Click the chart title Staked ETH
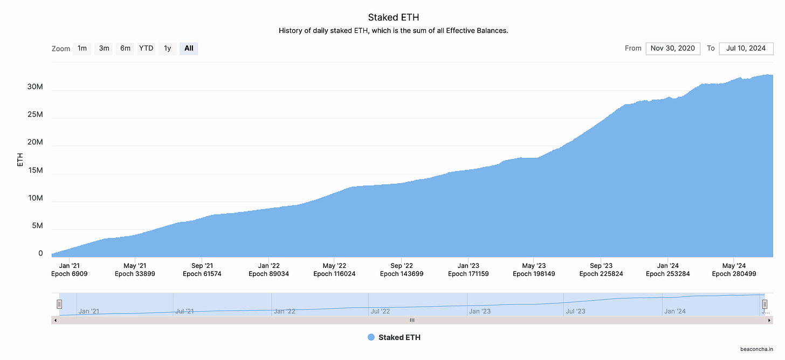393,17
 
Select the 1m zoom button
82,49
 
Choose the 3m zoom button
104,49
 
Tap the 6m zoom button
125,49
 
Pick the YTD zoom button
146,49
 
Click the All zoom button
189,49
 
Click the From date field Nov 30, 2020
673,49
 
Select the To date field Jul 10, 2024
746,49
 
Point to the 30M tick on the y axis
35,87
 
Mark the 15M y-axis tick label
36,170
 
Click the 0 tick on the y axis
40,253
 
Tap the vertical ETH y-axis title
20,160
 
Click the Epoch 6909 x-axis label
70,274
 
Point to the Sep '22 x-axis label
402,266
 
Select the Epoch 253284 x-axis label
667,274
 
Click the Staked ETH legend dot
371,337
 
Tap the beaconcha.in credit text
756,349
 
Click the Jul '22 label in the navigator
380,311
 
